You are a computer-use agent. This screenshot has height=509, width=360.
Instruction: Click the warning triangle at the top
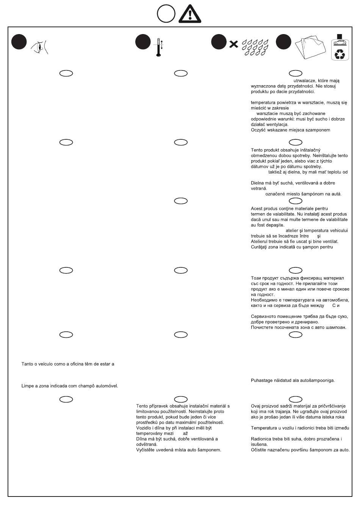[x=189, y=14]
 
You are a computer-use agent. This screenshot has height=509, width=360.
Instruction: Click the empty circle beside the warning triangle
[x=166, y=14]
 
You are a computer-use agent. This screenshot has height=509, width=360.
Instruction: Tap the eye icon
[x=40, y=47]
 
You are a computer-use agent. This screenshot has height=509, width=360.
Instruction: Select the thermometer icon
[x=158, y=47]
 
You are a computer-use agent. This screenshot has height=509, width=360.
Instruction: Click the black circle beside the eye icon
[x=19, y=42]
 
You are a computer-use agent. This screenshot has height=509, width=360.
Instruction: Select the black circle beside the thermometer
[x=143, y=42]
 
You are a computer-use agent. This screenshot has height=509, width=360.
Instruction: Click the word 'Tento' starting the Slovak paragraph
[x=257, y=150]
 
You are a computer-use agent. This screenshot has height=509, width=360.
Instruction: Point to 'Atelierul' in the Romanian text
[x=260, y=242]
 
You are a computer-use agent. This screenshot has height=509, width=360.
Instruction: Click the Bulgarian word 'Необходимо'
[x=263, y=300]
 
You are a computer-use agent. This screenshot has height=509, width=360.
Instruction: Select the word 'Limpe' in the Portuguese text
[x=27, y=386]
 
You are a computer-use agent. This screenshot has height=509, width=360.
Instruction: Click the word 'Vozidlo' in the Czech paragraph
[x=144, y=428]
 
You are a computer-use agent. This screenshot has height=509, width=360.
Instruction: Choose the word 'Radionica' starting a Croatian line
[x=261, y=439]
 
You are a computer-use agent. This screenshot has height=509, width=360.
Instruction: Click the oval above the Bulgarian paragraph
[x=296, y=270]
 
